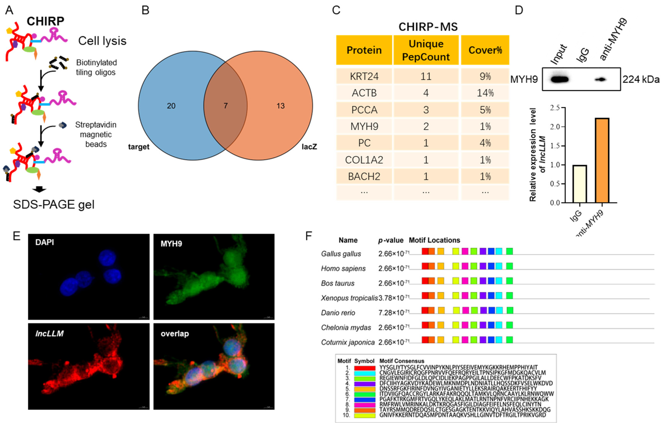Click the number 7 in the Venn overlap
point(226,106)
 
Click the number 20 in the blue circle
point(171,106)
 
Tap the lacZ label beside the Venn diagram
point(309,146)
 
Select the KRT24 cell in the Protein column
point(364,76)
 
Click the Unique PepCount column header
point(426,50)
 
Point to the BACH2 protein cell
point(364,177)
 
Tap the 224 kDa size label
point(641,80)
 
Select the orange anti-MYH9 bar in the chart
point(602,160)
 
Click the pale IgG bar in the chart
point(580,184)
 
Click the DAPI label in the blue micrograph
point(45,242)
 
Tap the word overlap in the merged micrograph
point(175,334)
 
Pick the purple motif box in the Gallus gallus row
point(483,251)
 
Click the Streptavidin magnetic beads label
point(96,134)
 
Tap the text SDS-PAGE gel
point(54,204)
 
